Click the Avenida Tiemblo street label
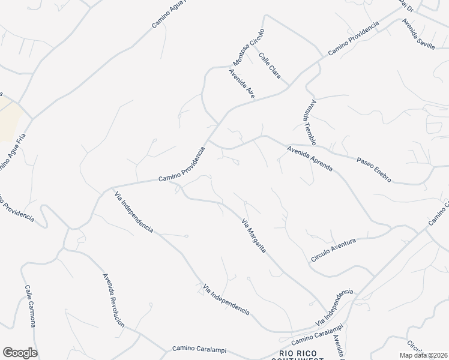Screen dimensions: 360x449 point(309,122)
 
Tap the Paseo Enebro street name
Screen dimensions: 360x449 point(374,170)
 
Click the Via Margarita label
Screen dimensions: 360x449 point(254,236)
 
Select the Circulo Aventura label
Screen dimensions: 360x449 point(333,249)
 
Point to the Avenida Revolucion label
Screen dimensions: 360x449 point(113,300)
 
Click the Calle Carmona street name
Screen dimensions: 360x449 point(30,306)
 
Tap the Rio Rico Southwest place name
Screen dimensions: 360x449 point(301,355)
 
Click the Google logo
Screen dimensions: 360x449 point(20,353)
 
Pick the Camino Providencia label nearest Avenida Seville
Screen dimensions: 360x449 point(354,40)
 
